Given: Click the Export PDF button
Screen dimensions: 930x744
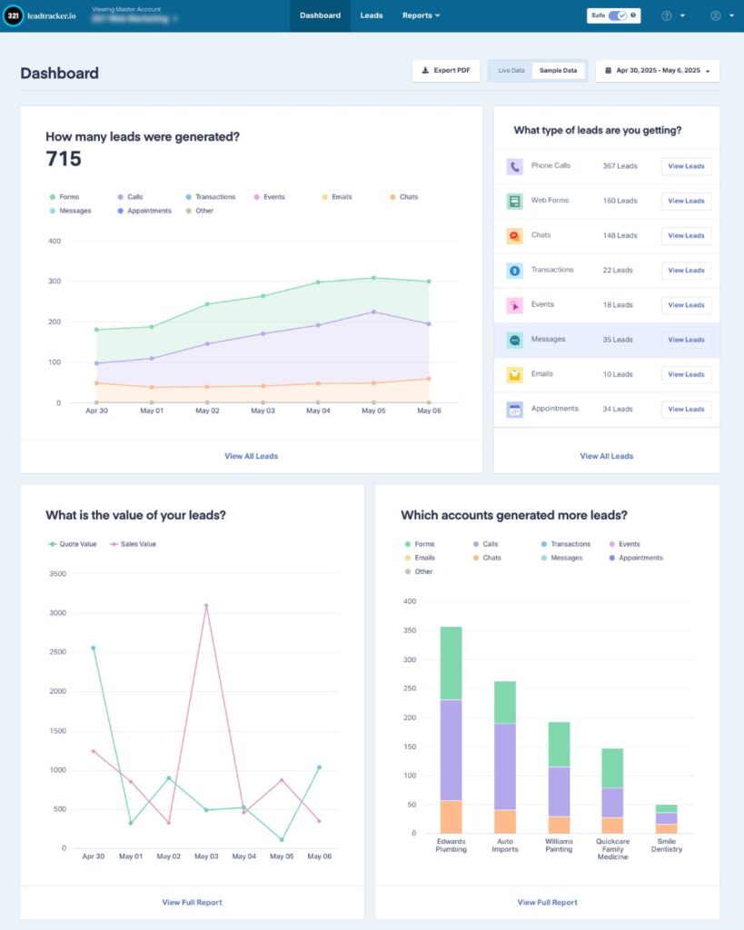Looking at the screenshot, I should click(x=446, y=71).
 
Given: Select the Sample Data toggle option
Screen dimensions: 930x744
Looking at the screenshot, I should click(x=558, y=71).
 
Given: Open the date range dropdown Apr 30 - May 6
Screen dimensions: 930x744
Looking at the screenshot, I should click(x=658, y=71).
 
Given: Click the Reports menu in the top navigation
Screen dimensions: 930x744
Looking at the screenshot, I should click(x=421, y=15).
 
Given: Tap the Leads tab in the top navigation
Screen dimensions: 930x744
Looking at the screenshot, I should click(x=371, y=15).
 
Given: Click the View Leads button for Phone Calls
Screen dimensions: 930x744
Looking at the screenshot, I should click(x=686, y=166).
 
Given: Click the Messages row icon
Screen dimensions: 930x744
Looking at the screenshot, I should click(x=514, y=340).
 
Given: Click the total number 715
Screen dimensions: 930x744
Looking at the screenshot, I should click(x=64, y=160).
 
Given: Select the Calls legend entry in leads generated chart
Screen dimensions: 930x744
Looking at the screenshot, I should click(x=134, y=197).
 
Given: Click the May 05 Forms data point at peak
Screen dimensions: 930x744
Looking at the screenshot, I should click(x=372, y=278).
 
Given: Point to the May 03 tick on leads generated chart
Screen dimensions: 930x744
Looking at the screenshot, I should click(x=263, y=411).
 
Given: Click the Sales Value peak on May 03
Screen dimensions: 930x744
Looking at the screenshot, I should click(x=206, y=605).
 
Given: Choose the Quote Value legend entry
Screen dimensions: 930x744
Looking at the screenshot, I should click(x=74, y=544).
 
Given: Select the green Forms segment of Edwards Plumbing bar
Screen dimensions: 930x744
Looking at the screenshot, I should click(x=451, y=663).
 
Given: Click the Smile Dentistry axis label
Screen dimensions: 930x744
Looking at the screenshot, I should click(x=667, y=846).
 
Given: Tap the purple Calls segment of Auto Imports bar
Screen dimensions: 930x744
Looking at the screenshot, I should click(x=504, y=767).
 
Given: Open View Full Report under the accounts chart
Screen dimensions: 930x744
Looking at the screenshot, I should click(x=547, y=903).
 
